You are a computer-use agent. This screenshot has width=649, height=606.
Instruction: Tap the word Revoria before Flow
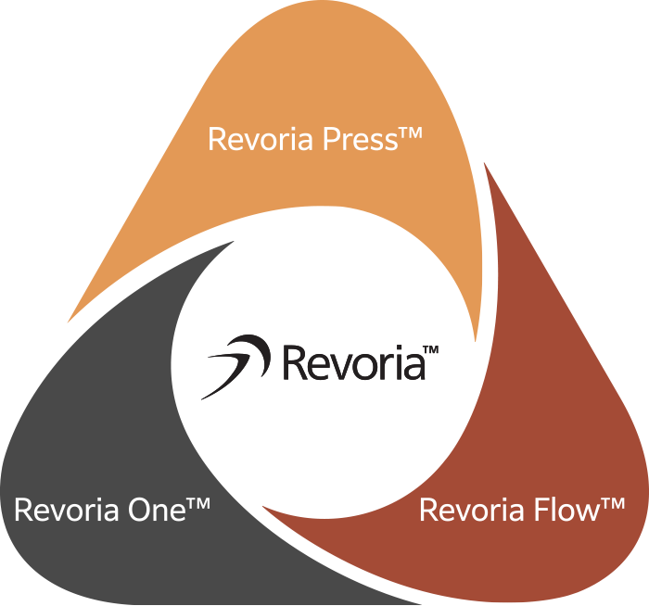(x=475, y=510)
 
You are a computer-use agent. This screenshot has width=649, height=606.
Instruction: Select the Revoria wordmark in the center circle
(x=352, y=362)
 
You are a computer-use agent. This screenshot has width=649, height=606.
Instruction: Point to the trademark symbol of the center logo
(x=430, y=350)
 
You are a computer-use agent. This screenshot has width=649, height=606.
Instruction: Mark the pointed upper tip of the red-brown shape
(x=485, y=164)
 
